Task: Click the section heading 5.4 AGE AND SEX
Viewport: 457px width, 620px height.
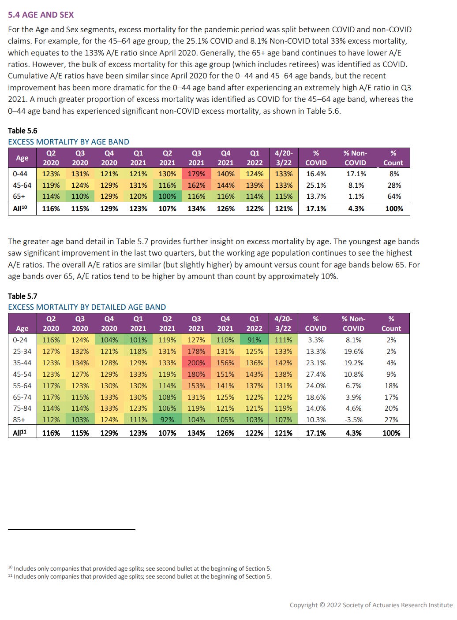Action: (x=41, y=15)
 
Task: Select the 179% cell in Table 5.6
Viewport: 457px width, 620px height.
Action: (x=196, y=174)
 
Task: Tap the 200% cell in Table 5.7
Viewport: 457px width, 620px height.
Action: (x=196, y=363)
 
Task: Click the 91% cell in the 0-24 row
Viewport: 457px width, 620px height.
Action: (x=255, y=340)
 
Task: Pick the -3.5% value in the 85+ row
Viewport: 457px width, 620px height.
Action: (x=353, y=420)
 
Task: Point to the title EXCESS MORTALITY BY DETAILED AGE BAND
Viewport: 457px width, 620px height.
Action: (x=87, y=307)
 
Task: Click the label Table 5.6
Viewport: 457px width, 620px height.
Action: (x=22, y=131)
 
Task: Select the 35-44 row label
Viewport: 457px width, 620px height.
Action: (x=20, y=363)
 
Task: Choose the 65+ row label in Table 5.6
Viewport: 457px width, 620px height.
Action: (x=19, y=197)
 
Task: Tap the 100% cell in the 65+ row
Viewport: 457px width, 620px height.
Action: (x=167, y=197)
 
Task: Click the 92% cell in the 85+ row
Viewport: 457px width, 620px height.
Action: (x=167, y=420)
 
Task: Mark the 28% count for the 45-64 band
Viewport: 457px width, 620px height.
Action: (x=394, y=186)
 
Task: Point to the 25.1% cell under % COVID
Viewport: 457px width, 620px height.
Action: (x=316, y=186)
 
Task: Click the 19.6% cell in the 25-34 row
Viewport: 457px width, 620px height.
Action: (x=353, y=352)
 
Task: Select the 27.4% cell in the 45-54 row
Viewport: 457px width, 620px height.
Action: (x=316, y=375)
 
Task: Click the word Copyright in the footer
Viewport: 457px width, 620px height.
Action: (x=303, y=605)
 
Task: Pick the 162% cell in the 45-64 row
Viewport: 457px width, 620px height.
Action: (x=196, y=186)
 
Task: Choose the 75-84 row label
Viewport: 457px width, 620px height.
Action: (x=20, y=408)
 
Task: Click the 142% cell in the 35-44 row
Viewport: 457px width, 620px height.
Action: (x=283, y=363)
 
